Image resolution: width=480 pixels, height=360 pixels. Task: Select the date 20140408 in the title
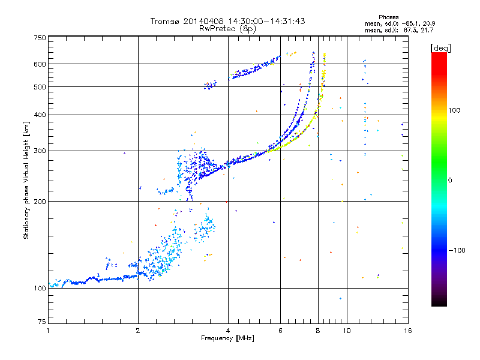tap(203, 21)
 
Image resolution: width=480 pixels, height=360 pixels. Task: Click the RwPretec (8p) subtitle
tap(227, 29)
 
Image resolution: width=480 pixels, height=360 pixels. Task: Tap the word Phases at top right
tap(388, 17)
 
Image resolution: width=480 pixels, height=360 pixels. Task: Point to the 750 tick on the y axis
tap(40, 38)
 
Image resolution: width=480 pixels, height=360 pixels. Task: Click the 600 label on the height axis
tap(40, 64)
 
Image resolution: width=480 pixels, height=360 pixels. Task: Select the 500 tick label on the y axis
tap(40, 87)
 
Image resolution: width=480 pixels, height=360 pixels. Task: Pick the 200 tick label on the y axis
tap(40, 202)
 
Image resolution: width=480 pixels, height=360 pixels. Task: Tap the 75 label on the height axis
tap(42, 322)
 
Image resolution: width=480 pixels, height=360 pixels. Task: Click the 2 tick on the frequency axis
tap(138, 331)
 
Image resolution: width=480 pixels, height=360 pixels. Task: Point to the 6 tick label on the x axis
tap(280, 331)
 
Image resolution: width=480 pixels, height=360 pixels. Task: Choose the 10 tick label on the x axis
tap(347, 331)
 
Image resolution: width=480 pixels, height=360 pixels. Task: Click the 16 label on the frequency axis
tap(408, 331)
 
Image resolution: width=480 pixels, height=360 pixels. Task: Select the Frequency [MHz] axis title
tap(227, 338)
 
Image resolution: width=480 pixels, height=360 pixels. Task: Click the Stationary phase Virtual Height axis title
tap(26, 181)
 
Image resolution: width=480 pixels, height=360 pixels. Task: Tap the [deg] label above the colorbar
tap(440, 48)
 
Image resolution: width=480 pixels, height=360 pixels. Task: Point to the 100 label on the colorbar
tap(454, 110)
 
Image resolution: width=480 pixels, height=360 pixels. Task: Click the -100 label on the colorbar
tap(457, 250)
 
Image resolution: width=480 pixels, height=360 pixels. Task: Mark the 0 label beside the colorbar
tap(450, 181)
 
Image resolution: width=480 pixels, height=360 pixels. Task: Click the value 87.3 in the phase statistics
tap(410, 30)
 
